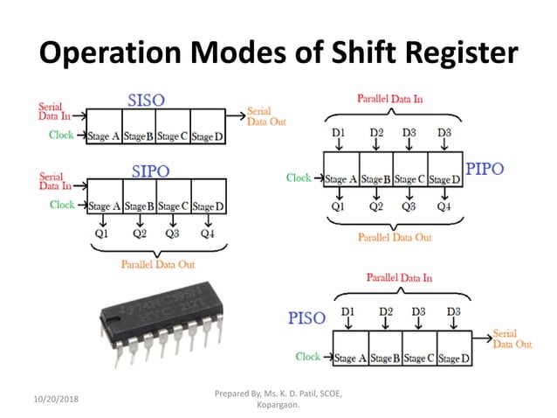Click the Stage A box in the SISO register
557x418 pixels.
[103, 136]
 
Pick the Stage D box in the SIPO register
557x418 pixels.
[208, 206]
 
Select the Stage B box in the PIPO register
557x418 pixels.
[376, 179]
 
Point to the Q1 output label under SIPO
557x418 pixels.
[101, 233]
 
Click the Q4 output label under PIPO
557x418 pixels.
[444, 207]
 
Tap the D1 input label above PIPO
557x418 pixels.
[340, 133]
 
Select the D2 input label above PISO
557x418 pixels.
[387, 310]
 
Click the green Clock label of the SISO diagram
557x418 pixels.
[62, 135]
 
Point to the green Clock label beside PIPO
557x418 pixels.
[299, 178]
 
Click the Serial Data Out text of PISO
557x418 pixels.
[513, 338]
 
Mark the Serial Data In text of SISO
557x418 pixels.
[54, 111]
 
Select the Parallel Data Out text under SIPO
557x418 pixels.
[158, 264]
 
